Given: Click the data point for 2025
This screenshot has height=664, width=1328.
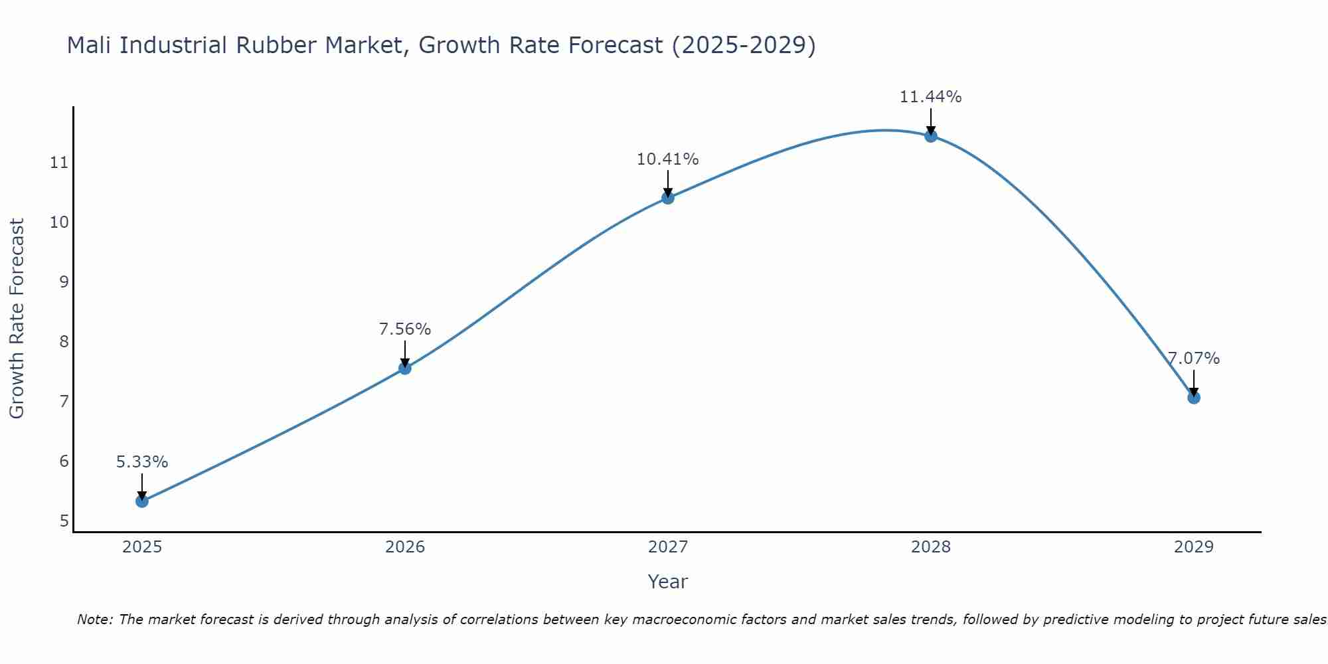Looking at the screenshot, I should (x=142, y=501).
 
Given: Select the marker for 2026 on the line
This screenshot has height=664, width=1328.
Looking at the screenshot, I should (x=405, y=368).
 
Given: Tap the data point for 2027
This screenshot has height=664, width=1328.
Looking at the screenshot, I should (x=668, y=197).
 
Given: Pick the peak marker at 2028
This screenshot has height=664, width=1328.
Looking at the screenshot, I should (x=931, y=135).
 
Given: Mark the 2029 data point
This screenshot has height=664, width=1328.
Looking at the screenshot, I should (x=1194, y=397).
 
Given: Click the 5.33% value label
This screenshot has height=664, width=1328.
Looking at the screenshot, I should (x=142, y=462).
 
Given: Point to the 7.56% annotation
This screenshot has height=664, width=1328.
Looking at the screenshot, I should (x=405, y=329).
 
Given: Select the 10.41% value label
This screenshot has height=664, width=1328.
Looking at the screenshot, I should (x=668, y=159).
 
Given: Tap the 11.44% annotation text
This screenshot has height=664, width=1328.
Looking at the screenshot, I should (x=931, y=97).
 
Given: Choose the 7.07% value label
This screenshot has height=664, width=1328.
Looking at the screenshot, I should (x=1194, y=359).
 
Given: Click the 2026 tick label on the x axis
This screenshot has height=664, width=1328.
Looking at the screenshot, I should (x=405, y=547).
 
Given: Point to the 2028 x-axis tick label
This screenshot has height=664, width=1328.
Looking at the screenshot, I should (x=931, y=547).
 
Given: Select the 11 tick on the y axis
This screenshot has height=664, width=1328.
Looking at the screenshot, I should (x=59, y=162).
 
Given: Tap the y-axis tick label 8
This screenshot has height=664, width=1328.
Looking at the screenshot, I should (x=64, y=341).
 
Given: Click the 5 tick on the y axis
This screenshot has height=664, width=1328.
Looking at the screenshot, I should (x=64, y=521).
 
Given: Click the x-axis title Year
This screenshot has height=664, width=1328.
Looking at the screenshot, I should (x=668, y=582).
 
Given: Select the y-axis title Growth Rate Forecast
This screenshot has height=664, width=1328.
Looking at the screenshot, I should (x=17, y=318).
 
